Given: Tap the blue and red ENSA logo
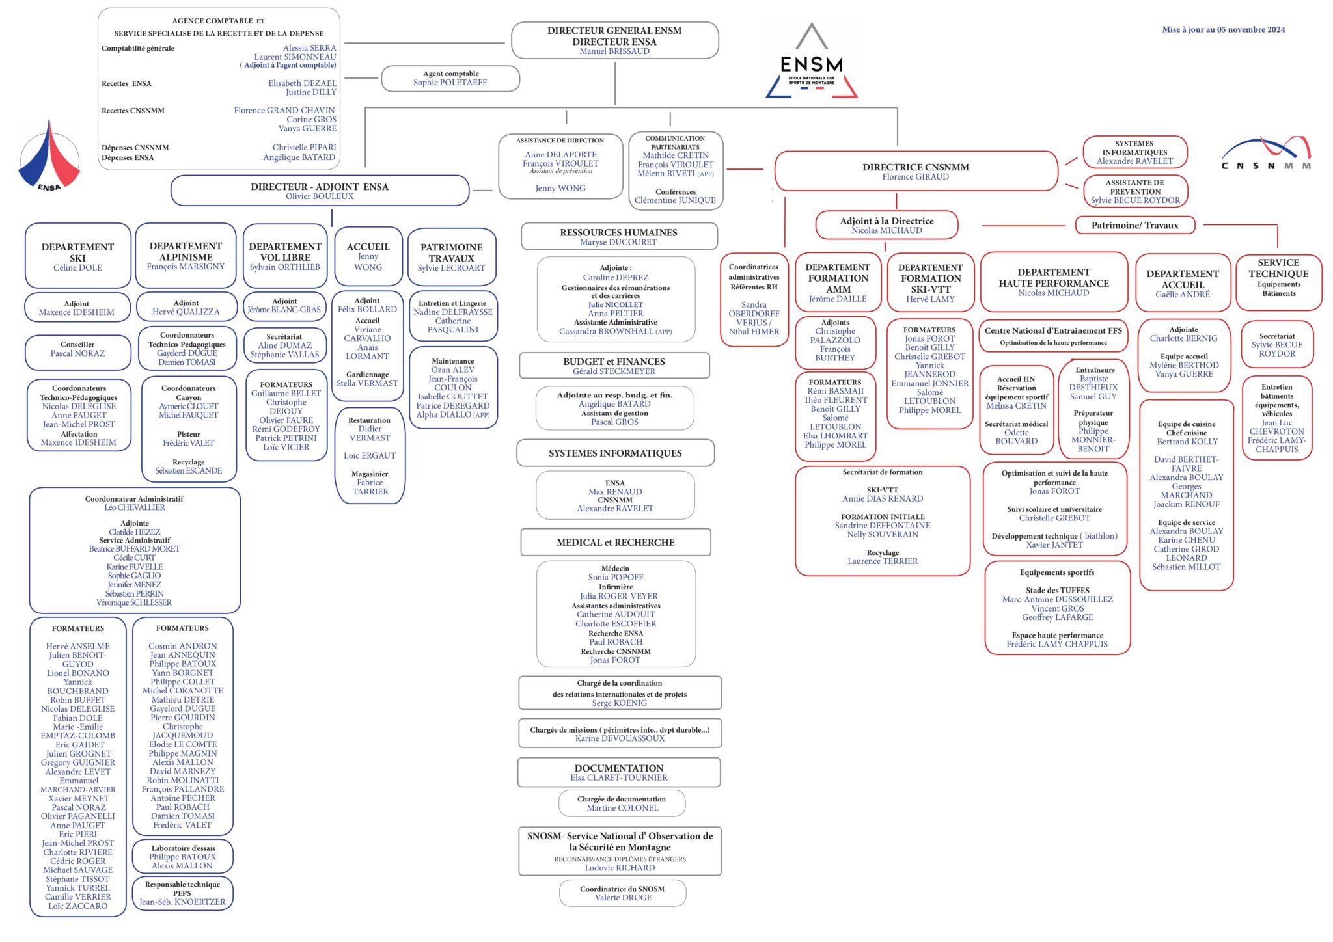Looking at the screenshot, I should coord(49,156).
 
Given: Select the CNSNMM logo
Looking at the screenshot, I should coord(1266,154).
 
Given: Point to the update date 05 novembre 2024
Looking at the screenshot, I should coord(1223,29).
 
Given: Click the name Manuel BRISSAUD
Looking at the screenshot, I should coord(614,51).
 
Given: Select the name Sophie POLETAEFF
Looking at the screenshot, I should coord(450,83).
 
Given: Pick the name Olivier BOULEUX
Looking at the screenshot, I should coord(320,196).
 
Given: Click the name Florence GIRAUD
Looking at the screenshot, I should coord(915,177).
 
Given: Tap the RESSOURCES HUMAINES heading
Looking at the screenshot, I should coord(618,232).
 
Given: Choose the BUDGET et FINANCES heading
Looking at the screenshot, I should coord(614,362).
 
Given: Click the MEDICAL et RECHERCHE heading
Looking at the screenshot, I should coord(615,543).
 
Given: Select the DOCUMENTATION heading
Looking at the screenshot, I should coord(618,768).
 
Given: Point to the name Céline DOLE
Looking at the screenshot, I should coord(77,268).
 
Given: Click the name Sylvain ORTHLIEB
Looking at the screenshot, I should coord(285,267).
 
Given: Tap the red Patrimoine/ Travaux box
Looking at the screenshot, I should coord(1134,226).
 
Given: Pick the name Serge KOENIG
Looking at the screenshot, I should coord(619,703).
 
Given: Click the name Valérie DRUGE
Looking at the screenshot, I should coord(623,898).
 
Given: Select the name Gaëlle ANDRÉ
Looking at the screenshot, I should coord(1182,295).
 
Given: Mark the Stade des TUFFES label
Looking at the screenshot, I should coord(1057,591).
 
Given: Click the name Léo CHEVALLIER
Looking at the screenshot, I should coord(134,507).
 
